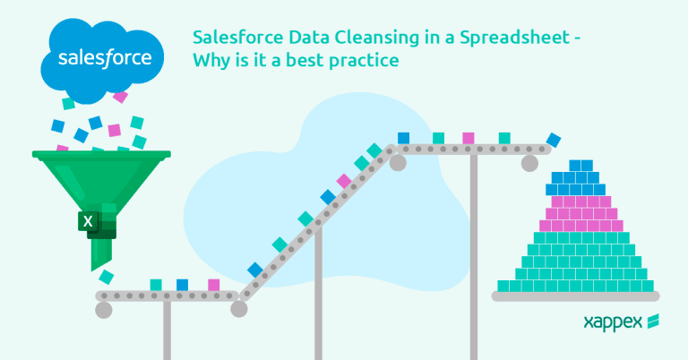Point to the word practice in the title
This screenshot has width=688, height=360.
pyautogui.click(x=368, y=63)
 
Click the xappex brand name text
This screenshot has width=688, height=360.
pyautogui.click(x=612, y=321)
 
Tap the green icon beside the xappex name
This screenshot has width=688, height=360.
pyautogui.click(x=654, y=321)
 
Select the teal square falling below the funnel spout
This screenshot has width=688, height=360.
pyautogui.click(x=107, y=276)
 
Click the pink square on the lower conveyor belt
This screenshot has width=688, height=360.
pyautogui.click(x=213, y=285)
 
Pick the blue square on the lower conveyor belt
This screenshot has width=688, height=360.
pyautogui.click(x=183, y=285)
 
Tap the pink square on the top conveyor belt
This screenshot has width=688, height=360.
pyautogui.click(x=468, y=138)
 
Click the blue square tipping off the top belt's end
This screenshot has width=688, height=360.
pyautogui.click(x=555, y=140)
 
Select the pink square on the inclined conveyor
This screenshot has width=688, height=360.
pyautogui.click(x=344, y=180)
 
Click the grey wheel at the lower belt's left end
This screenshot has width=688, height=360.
pyautogui.click(x=103, y=309)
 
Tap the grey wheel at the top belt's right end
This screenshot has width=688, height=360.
pyautogui.click(x=529, y=162)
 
